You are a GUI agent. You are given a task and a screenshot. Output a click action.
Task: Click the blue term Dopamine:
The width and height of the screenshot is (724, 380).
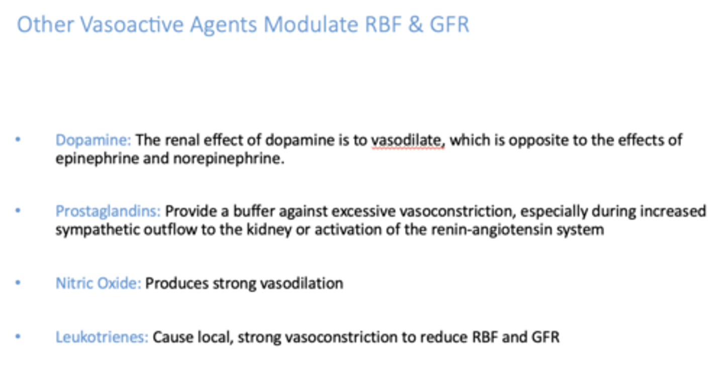[93, 140]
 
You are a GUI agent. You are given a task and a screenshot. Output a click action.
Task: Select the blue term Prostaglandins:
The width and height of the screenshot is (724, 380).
[108, 211]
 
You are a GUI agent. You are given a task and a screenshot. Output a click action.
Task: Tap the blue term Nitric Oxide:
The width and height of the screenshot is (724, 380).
[98, 284]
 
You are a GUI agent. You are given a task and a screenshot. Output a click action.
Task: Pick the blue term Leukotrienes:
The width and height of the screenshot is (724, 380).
[102, 337]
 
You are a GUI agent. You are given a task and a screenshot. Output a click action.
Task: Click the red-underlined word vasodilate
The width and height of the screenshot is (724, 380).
[408, 140]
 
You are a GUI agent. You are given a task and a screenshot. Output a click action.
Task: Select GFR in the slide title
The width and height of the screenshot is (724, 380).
[449, 25]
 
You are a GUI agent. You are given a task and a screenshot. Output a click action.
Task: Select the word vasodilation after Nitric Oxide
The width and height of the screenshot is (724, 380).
[301, 284]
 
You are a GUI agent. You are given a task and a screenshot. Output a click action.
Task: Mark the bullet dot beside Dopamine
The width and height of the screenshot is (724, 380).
[19, 140]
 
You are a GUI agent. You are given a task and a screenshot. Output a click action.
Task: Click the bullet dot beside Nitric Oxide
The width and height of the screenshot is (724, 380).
[19, 283]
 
